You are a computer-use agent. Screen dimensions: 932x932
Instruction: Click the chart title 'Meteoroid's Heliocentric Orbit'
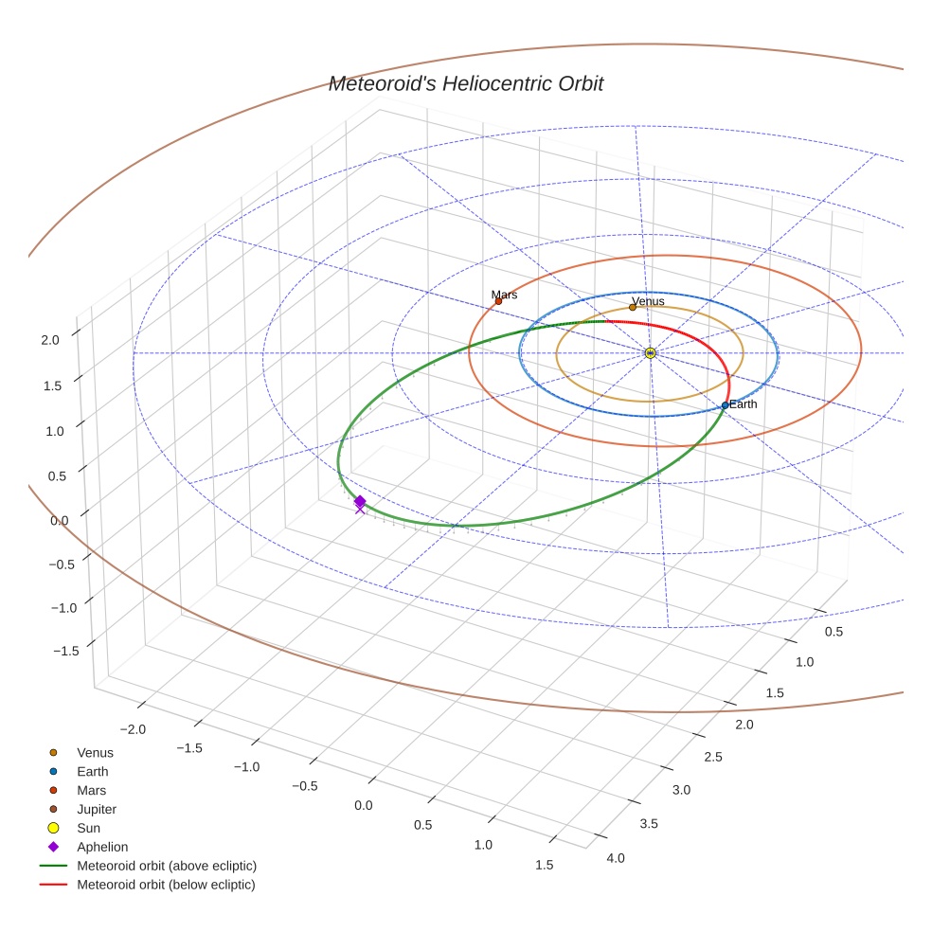click(465, 83)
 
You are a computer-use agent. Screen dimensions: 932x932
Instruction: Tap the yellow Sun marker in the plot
click(650, 352)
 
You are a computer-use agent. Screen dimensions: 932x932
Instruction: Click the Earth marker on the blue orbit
click(725, 405)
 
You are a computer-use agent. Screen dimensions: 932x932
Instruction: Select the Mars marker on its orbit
click(498, 301)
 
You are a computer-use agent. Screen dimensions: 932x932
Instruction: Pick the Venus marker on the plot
click(633, 307)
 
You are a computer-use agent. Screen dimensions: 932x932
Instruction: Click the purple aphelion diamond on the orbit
click(360, 502)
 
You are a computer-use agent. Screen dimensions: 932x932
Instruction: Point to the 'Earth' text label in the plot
click(744, 404)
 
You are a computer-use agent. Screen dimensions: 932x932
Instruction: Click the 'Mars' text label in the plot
click(504, 295)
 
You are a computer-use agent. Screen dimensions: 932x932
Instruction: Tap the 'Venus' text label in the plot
click(648, 301)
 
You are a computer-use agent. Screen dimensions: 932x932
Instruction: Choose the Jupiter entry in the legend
click(97, 809)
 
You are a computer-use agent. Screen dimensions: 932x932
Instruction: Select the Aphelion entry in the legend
click(102, 847)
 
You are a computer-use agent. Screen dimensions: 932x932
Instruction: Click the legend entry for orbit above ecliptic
click(167, 866)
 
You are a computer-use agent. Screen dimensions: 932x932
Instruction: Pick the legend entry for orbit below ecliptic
click(166, 885)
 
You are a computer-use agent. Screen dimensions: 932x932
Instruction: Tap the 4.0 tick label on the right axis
click(615, 858)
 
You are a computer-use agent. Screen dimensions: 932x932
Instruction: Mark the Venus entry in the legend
click(95, 752)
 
